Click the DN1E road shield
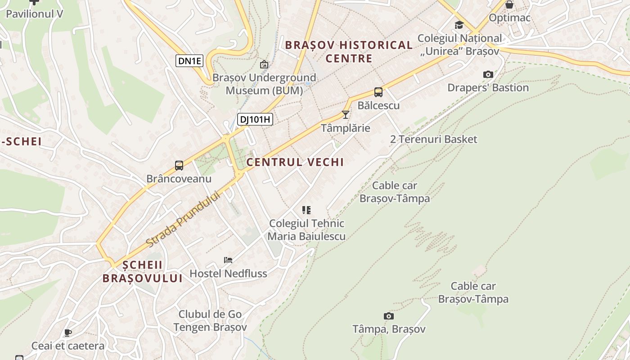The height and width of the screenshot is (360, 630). click(x=189, y=61)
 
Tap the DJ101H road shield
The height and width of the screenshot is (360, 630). click(x=255, y=119)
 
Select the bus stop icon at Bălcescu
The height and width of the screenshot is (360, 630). click(x=378, y=92)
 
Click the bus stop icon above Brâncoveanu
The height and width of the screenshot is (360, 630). click(x=179, y=165)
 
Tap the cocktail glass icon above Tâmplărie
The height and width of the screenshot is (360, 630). click(x=345, y=115)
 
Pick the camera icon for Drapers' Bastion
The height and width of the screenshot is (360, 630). click(x=488, y=74)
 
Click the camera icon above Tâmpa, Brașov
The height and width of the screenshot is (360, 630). click(x=388, y=316)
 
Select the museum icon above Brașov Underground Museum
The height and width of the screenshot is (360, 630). click(x=264, y=64)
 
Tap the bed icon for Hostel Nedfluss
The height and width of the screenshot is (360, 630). click(x=228, y=260)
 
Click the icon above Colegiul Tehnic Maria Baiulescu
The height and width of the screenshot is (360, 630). click(x=306, y=210)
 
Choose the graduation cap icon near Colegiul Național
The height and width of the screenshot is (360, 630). click(x=459, y=25)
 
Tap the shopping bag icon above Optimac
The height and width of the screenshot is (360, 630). click(x=509, y=5)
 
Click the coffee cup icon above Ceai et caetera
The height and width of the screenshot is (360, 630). click(x=67, y=333)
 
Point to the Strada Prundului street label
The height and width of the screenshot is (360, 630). click(x=184, y=219)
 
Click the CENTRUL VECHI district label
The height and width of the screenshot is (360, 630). click(x=295, y=162)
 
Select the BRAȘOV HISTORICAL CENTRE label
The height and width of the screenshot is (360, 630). click(x=349, y=51)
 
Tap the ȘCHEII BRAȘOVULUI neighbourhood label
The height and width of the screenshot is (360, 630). click(x=142, y=271)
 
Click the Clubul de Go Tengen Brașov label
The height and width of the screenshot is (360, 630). click(x=210, y=320)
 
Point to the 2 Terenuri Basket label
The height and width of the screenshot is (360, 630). click(x=433, y=139)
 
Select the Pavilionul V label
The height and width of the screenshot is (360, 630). click(x=34, y=13)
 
